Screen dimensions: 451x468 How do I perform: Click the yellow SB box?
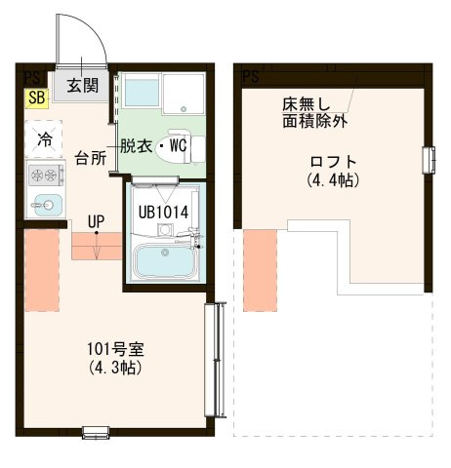click(x=37, y=98)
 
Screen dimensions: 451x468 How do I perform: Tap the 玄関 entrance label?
click(x=83, y=86)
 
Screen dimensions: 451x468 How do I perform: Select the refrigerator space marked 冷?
click(x=44, y=139)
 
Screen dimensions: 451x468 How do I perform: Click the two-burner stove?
click(x=46, y=175)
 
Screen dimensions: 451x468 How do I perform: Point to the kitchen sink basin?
click(x=48, y=205)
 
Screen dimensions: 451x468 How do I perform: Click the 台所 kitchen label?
click(x=91, y=158)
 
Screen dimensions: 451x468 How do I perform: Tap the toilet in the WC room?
click(x=185, y=147)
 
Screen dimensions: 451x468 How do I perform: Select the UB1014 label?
click(x=163, y=213)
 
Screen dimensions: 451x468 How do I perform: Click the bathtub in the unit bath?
click(x=166, y=260)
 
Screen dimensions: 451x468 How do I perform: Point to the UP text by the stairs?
click(x=96, y=221)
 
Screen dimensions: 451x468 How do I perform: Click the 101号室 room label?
click(x=115, y=349)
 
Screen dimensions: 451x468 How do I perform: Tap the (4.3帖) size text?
click(x=115, y=368)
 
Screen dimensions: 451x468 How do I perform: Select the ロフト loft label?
click(x=333, y=162)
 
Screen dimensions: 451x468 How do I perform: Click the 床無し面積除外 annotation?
click(x=314, y=113)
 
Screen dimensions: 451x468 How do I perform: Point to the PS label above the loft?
click(x=251, y=77)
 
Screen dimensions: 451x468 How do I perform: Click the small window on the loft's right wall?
click(x=429, y=160)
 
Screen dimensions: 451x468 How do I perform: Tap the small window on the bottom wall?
click(x=96, y=433)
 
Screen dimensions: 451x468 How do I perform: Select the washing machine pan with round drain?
click(x=184, y=94)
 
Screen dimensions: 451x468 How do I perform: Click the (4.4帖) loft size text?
click(x=333, y=179)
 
